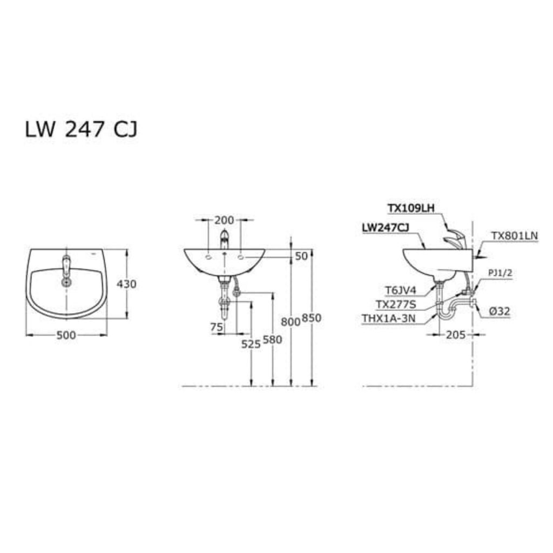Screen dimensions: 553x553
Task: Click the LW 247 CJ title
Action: (x=81, y=129)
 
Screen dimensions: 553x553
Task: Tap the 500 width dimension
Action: (x=66, y=335)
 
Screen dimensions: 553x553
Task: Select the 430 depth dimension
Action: (x=126, y=284)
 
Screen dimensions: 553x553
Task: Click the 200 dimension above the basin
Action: (x=224, y=220)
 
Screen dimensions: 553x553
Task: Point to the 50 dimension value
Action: (x=301, y=256)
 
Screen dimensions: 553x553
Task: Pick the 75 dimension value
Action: (x=217, y=327)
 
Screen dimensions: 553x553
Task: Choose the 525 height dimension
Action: (x=251, y=344)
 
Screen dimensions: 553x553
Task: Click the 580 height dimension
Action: (x=273, y=340)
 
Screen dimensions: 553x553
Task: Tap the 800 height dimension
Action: (x=291, y=321)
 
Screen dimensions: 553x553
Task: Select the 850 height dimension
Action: (x=312, y=318)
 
